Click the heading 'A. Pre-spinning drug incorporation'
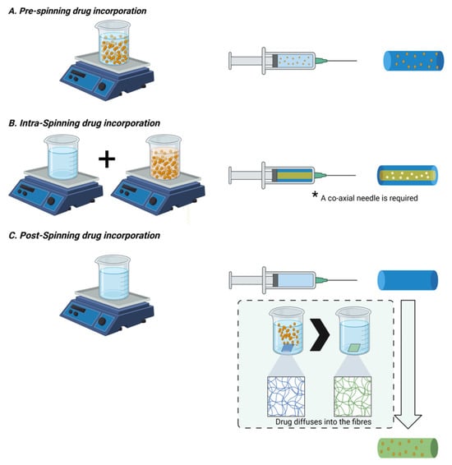click(77, 12)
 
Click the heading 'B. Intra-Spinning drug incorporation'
click(84, 123)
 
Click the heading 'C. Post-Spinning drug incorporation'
click(84, 236)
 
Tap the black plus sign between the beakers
click(107, 159)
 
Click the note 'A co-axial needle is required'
click(369, 198)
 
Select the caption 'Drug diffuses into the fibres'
click(323, 421)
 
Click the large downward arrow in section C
click(408, 364)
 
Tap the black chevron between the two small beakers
click(320, 334)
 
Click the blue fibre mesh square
click(286, 397)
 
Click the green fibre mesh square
click(353, 397)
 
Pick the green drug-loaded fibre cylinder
click(408, 448)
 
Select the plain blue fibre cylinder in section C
click(408, 280)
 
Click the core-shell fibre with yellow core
click(408, 175)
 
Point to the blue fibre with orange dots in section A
click(413, 61)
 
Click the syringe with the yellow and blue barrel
click(292, 175)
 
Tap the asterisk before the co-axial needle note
click(315, 195)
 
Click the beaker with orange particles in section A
click(113, 43)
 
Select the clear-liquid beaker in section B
click(62, 157)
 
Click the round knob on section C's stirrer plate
click(103, 321)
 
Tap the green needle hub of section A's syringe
click(321, 61)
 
